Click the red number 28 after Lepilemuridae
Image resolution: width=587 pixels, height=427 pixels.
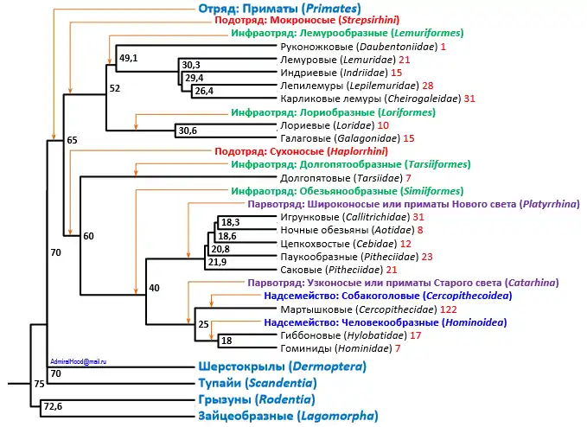point(427,86)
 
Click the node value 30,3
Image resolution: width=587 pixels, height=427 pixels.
point(191,65)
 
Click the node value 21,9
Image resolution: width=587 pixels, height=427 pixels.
point(216,262)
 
